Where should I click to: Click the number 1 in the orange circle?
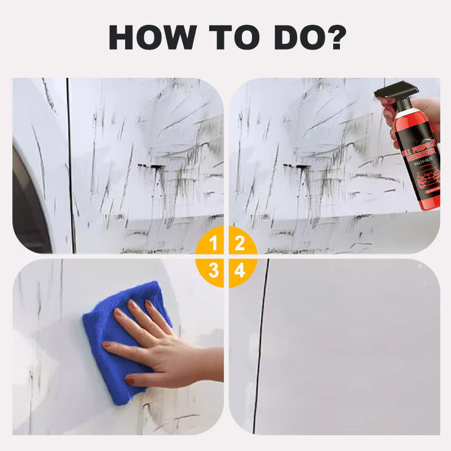(x=213, y=244)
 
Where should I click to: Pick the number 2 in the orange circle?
(x=240, y=244)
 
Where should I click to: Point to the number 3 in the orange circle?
(x=213, y=271)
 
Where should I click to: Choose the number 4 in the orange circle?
(x=240, y=271)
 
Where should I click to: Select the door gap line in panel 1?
(x=70, y=169)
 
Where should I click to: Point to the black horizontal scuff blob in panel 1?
(x=151, y=166)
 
